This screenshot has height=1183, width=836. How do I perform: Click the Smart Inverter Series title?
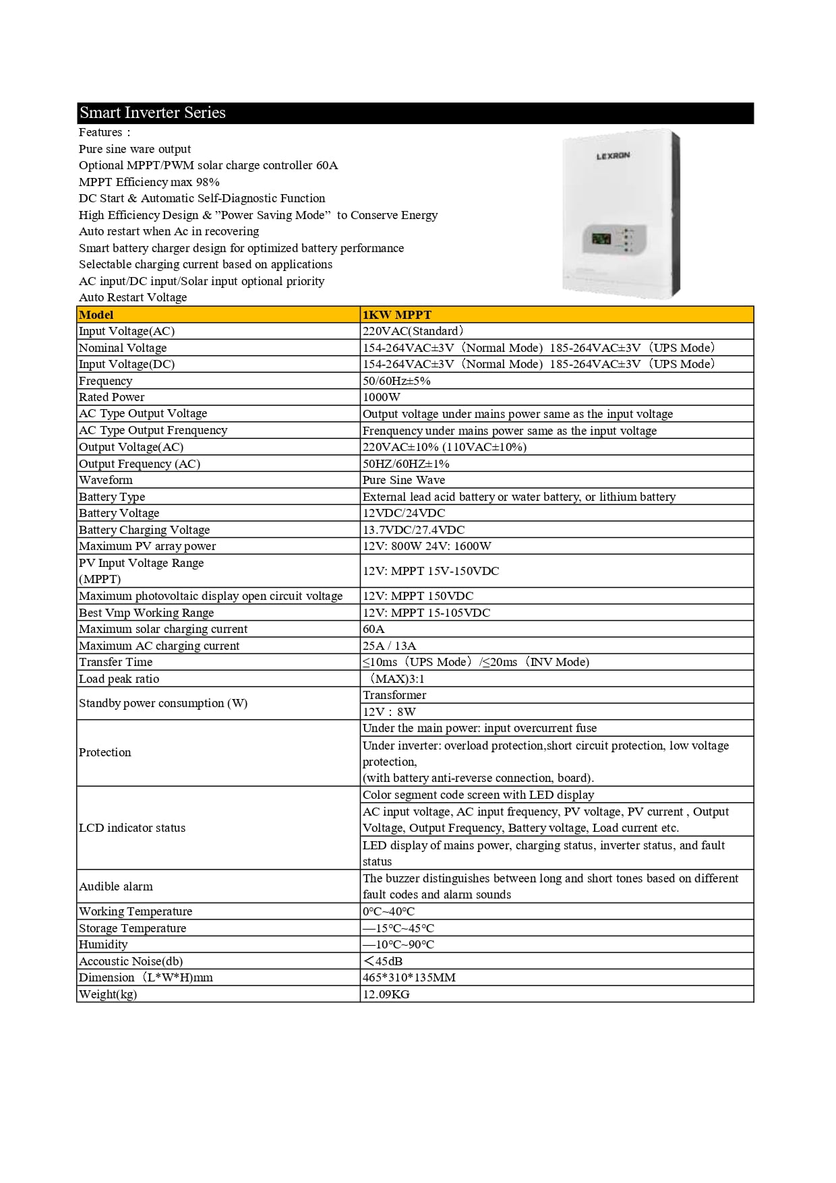(x=152, y=113)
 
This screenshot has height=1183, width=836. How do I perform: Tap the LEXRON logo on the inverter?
(x=613, y=156)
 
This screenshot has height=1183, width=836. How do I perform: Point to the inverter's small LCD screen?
(x=601, y=239)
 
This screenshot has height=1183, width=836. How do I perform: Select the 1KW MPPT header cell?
(x=396, y=315)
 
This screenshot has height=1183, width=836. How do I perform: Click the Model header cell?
(x=96, y=315)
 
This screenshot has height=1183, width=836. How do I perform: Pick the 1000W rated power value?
(x=382, y=397)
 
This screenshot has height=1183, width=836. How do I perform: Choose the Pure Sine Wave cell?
(x=404, y=480)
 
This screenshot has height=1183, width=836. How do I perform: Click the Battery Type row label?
(x=112, y=497)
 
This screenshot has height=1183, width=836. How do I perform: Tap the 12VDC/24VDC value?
(x=404, y=513)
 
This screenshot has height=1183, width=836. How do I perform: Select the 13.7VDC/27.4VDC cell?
(x=413, y=530)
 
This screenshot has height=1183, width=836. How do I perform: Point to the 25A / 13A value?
(x=389, y=646)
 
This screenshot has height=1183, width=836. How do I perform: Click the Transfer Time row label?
(x=115, y=662)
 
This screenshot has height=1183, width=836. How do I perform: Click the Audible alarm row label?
(x=116, y=886)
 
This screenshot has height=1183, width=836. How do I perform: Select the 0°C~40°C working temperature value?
(x=388, y=911)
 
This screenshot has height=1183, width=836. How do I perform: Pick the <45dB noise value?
(x=382, y=961)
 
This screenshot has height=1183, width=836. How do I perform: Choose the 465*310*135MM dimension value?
(x=409, y=977)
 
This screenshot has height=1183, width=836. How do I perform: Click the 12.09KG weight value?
(x=386, y=994)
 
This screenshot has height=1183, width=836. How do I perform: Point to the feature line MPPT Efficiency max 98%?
(x=149, y=182)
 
